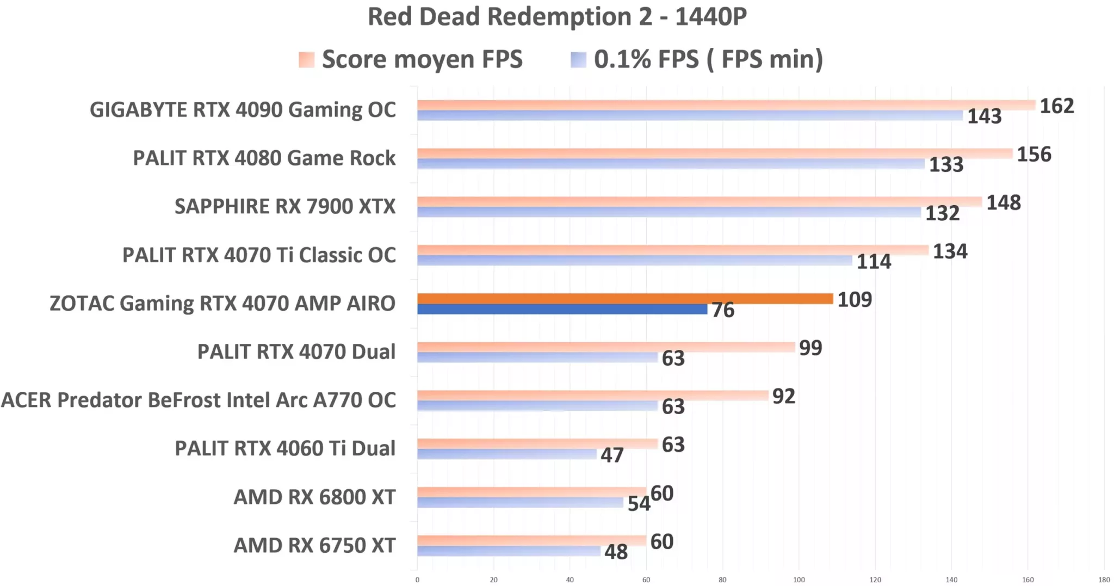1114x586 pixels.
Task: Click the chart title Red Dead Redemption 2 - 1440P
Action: [x=557, y=16]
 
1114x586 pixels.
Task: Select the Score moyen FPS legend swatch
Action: [x=307, y=59]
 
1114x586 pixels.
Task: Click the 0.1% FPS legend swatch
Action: [x=578, y=59]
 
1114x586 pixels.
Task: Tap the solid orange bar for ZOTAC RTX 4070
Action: [x=624, y=298]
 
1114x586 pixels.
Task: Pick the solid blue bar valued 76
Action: [x=562, y=309]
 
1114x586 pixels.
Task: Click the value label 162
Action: [x=1056, y=106]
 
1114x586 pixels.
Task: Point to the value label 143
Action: [x=983, y=116]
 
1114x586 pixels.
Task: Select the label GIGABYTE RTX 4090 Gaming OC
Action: [x=243, y=109]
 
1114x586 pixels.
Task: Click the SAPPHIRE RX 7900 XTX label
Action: [x=284, y=206]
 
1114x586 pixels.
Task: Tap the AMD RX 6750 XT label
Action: [x=314, y=545]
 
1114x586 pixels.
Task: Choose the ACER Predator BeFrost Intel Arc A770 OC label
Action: [x=199, y=400]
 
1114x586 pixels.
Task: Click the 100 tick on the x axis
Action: [x=799, y=579]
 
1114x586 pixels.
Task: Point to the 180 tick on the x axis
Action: [x=1104, y=579]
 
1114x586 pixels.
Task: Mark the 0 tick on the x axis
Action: [x=417, y=579]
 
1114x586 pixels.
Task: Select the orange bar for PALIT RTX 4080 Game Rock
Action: [x=714, y=153]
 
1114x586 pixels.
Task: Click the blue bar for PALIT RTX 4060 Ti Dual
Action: [x=506, y=454]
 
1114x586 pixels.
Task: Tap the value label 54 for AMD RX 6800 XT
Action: [x=638, y=504]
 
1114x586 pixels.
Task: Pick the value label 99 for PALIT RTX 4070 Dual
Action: [x=810, y=348]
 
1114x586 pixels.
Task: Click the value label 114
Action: [x=874, y=262]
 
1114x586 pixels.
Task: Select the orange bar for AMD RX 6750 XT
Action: [x=531, y=540]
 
